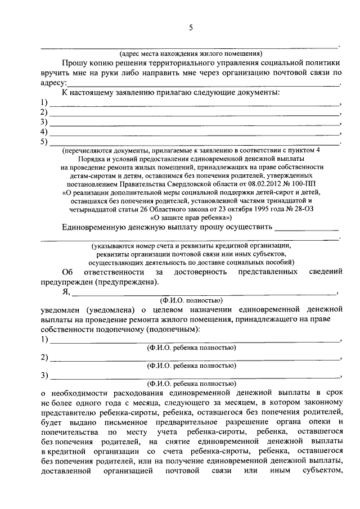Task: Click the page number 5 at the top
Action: coord(191,28)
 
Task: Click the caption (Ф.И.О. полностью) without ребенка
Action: coord(191,300)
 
